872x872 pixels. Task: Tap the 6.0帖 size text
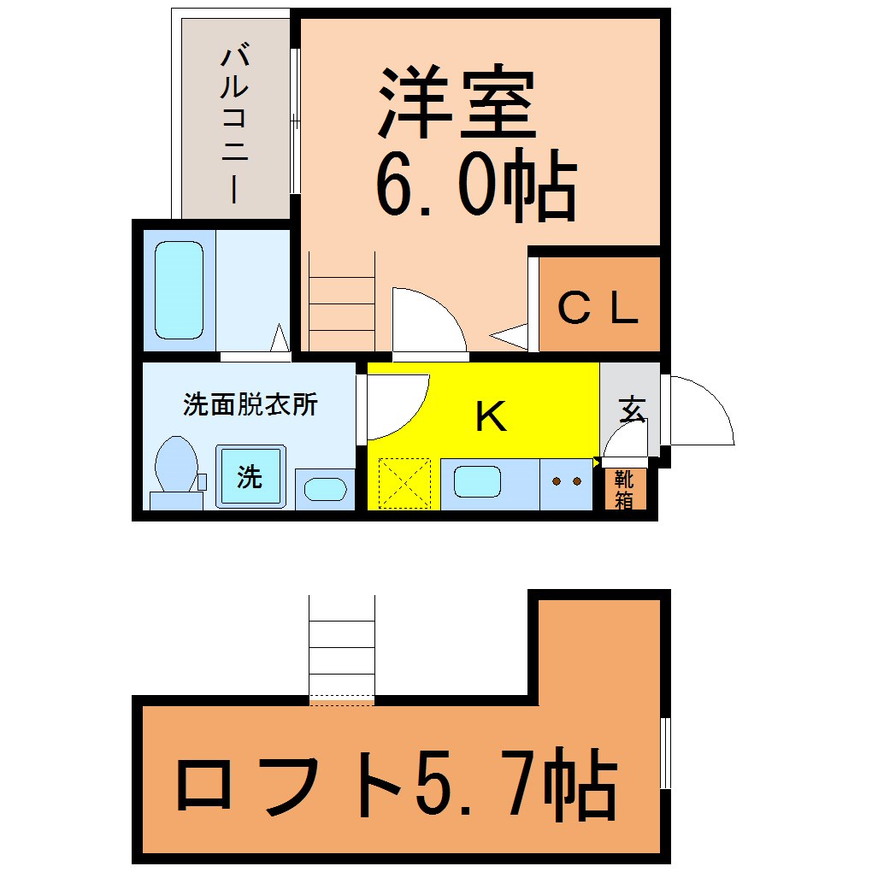click(476, 184)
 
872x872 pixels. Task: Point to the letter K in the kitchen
click(492, 416)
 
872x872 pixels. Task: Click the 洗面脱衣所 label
click(250, 404)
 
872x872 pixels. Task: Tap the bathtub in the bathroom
click(179, 290)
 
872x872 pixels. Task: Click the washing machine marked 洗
click(250, 476)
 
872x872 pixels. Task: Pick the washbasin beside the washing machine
click(326, 489)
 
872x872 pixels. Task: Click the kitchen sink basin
click(477, 481)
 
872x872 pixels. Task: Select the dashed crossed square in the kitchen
click(404, 483)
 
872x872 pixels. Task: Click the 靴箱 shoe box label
click(625, 489)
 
